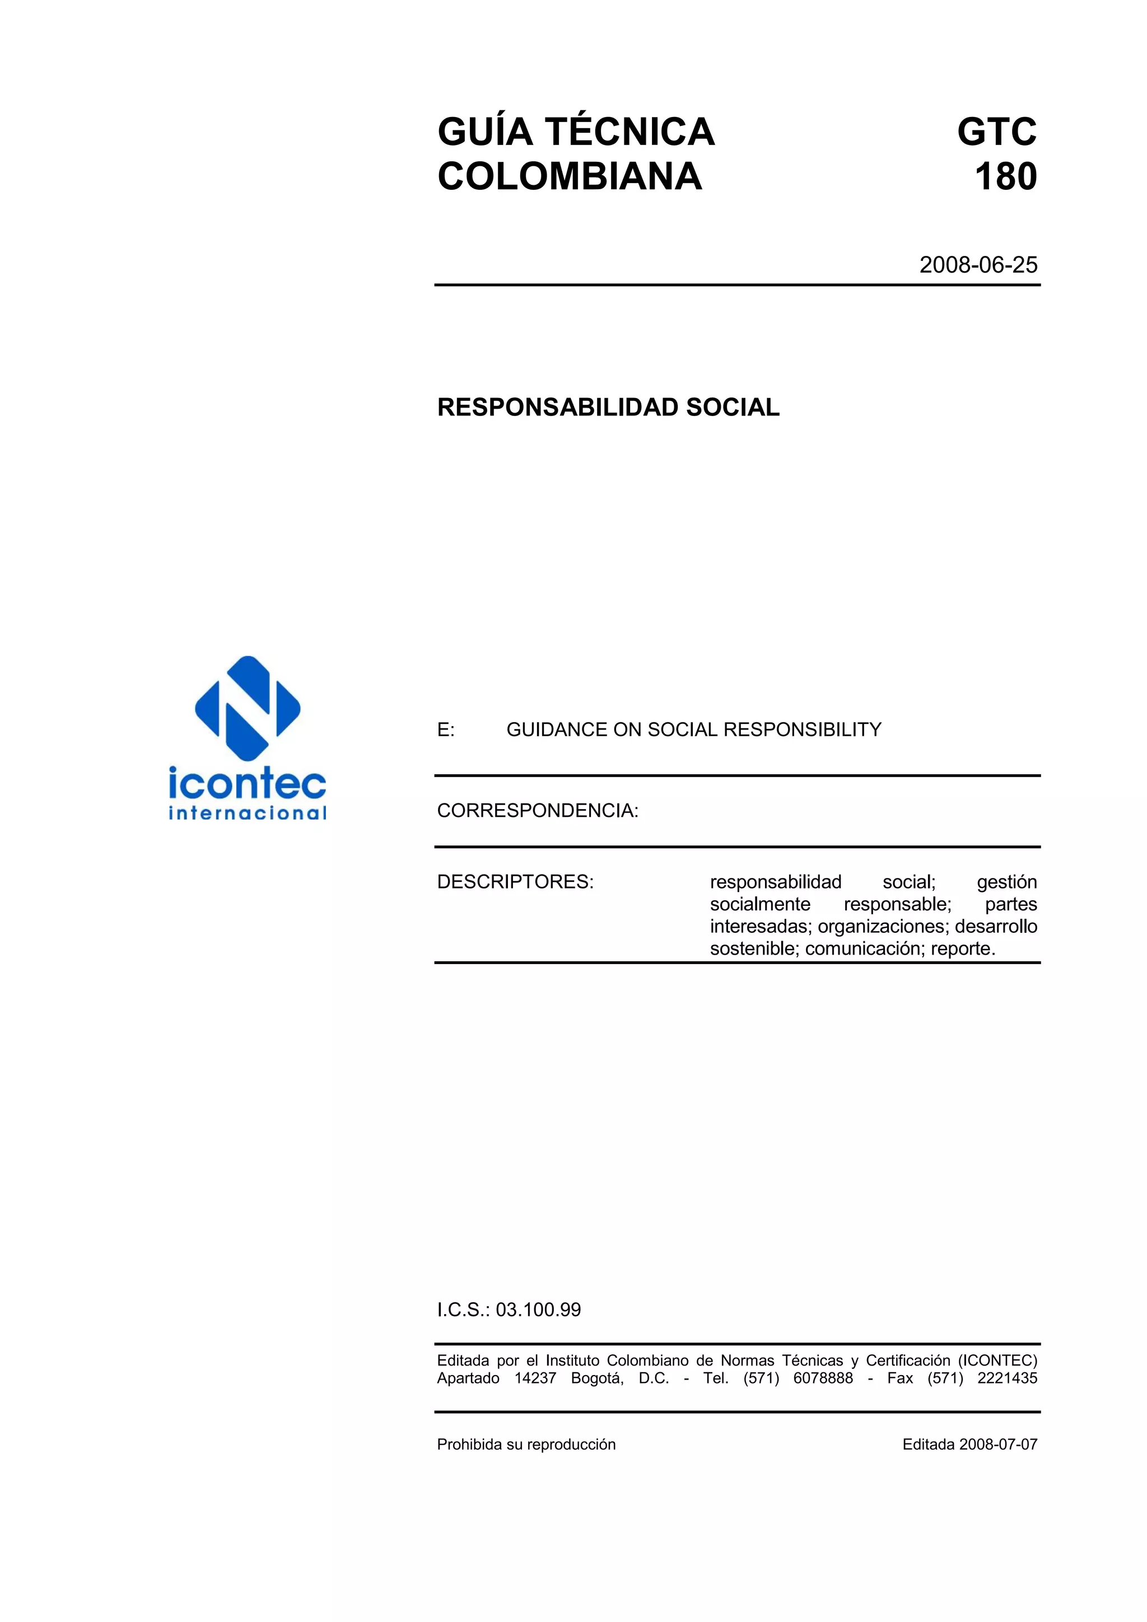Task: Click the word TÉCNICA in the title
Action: point(631,132)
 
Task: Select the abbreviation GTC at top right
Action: point(996,132)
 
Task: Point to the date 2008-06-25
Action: point(977,265)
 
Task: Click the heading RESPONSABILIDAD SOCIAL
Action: point(608,408)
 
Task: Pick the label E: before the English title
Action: point(446,730)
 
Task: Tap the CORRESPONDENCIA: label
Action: point(537,811)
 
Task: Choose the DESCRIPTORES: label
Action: point(515,882)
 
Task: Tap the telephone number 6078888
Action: point(823,1378)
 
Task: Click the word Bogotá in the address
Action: point(596,1378)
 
